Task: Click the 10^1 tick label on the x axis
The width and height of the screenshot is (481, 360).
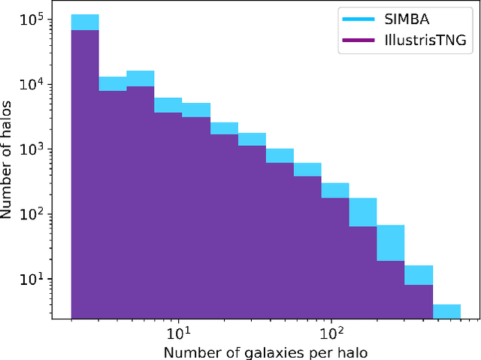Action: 177,331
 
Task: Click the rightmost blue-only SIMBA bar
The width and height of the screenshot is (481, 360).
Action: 446,311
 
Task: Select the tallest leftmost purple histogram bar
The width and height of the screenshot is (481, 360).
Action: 85,173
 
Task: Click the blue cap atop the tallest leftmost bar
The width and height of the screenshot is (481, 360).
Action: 85,23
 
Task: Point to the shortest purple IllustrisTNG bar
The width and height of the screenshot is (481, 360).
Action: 419,301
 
